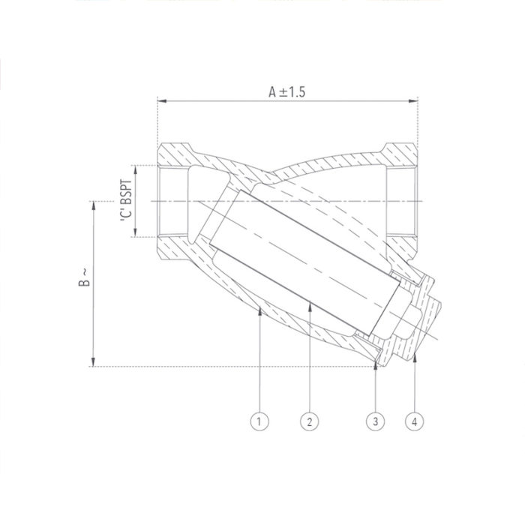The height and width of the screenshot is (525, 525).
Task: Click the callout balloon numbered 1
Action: [x=259, y=422]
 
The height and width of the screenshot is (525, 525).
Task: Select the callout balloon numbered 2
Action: [x=307, y=422]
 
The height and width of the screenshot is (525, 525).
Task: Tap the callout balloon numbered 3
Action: [x=375, y=422]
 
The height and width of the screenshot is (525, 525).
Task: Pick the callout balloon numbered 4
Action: [x=415, y=422]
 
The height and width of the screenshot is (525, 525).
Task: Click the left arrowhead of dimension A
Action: [x=160, y=100]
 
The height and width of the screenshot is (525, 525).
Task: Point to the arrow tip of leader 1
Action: [x=259, y=308]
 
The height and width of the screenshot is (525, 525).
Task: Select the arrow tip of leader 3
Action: [x=375, y=364]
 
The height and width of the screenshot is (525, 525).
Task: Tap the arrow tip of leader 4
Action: [x=415, y=359]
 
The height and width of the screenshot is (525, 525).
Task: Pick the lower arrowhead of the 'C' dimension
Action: [x=135, y=233]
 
